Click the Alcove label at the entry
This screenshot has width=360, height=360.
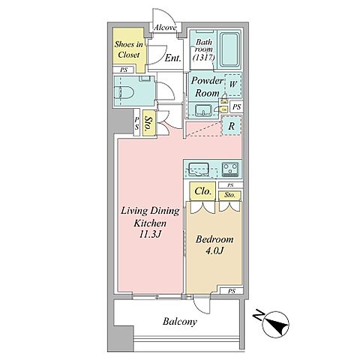[x=165, y=28]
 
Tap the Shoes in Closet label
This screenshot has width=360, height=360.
[x=129, y=49]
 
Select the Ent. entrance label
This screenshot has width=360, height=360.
[x=173, y=58]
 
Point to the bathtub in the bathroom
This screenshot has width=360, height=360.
[x=229, y=49]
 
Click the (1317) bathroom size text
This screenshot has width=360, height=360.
[x=204, y=58]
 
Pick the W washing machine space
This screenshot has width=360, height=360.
[x=233, y=84]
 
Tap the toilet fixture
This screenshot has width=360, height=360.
[x=124, y=93]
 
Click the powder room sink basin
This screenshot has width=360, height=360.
[x=203, y=110]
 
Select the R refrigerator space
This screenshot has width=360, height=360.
[x=232, y=126]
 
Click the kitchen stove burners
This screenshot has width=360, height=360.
[x=230, y=169]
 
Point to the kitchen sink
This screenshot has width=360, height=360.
[x=199, y=168]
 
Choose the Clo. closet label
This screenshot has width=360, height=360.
[x=202, y=191]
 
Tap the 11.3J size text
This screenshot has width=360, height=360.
[x=150, y=234]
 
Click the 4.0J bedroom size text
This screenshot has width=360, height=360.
[x=214, y=250]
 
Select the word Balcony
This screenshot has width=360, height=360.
[x=180, y=322]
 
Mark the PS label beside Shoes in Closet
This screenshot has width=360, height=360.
[x=124, y=70]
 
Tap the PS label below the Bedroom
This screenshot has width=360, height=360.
[x=232, y=291]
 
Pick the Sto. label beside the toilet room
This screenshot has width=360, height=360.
[x=149, y=124]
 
